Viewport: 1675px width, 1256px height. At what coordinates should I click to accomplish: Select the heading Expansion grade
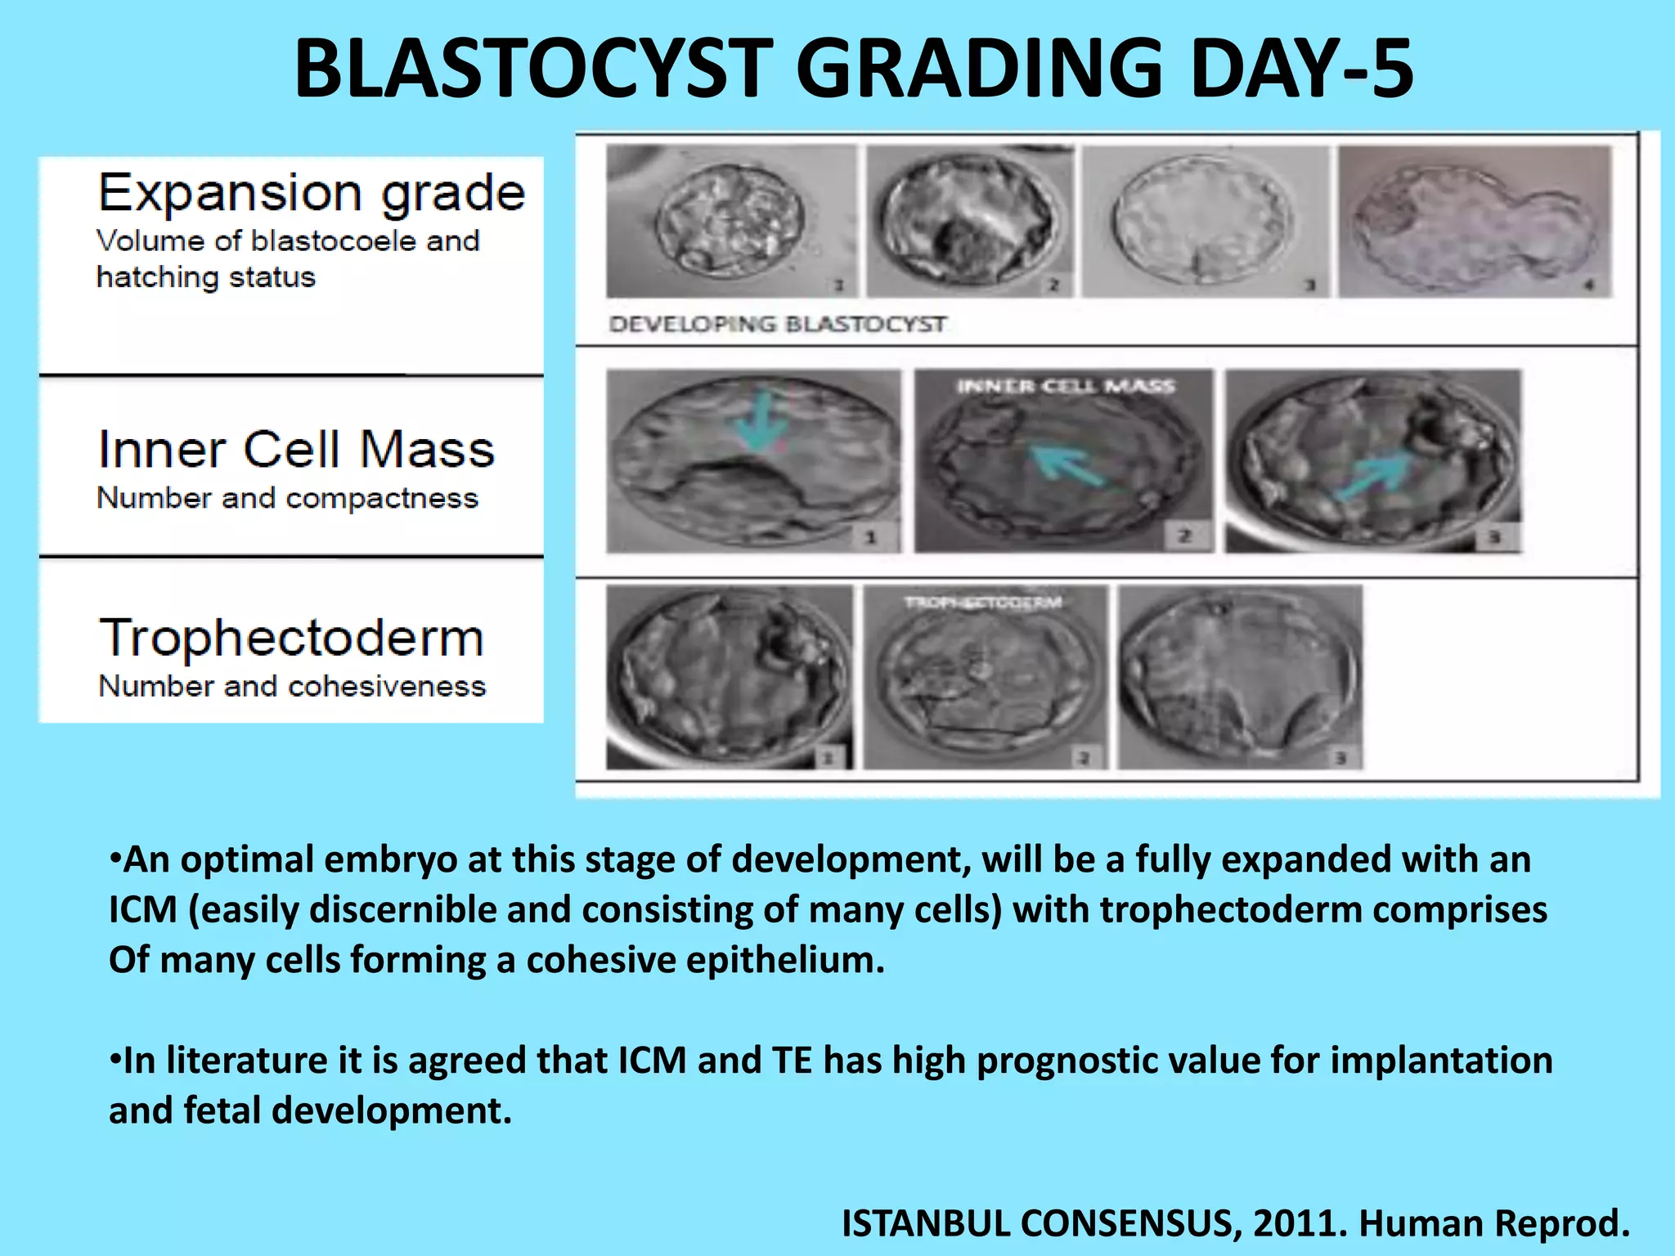[x=311, y=193]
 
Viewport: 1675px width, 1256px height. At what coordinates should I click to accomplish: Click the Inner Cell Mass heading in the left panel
[x=296, y=450]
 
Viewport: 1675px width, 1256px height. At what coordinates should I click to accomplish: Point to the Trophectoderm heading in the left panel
[x=291, y=638]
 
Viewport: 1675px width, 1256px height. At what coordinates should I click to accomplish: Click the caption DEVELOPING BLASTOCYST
[x=777, y=325]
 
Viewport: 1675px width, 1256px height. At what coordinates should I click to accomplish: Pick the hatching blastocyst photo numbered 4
[x=1475, y=221]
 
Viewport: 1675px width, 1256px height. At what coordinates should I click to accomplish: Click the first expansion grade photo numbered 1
[x=730, y=221]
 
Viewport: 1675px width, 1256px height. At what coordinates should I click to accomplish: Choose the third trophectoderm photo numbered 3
[x=1239, y=676]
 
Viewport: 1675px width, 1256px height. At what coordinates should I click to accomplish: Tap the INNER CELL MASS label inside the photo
[x=1066, y=386]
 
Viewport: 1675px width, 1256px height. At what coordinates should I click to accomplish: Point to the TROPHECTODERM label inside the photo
[x=982, y=603]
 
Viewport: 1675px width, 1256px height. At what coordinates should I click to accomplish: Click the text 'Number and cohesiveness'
[x=292, y=686]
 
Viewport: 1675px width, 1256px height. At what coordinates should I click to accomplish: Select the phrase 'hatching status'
[x=205, y=277]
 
